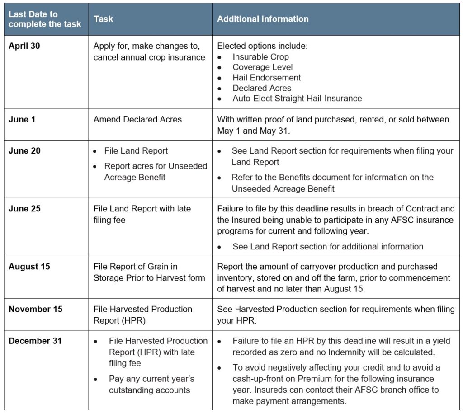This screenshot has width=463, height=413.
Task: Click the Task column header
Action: pos(104,19)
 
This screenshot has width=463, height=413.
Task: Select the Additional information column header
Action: pos(263,19)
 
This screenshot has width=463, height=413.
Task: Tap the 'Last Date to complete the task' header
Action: pos(45,19)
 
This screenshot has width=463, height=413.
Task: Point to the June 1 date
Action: pos(21,120)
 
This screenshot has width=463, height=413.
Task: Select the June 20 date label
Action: pos(24,151)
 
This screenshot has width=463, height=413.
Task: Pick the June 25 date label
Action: pos(24,209)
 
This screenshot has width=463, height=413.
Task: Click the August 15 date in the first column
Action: pos(29,267)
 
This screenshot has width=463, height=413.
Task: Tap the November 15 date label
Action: pos(35,309)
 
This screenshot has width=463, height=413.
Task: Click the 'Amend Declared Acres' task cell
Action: pos(137,120)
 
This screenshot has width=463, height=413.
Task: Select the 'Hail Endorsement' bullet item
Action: pos(267,78)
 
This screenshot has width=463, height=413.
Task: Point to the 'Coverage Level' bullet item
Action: pos(263,67)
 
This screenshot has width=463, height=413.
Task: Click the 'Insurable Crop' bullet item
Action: pos(260,57)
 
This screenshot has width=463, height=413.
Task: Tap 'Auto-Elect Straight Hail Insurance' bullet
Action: pos(297,98)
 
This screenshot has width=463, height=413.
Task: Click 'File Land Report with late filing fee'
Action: pos(142,214)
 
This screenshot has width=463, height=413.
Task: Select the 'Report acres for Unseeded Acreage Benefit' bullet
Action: pos(156,172)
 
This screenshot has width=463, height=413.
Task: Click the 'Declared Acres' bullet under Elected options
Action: pos(262,88)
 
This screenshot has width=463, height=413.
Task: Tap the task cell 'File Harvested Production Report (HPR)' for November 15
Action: pos(142,314)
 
